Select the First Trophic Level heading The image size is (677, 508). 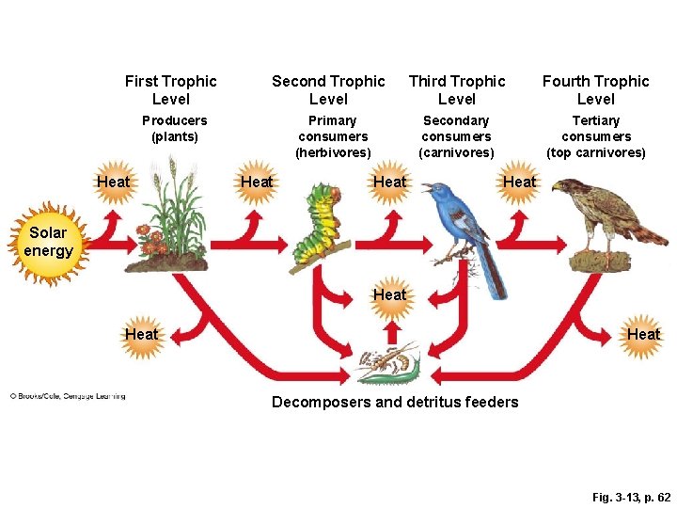click(x=170, y=90)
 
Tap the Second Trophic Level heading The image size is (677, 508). click(x=328, y=90)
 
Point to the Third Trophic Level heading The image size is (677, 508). click(x=457, y=90)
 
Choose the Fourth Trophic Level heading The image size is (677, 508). click(x=595, y=90)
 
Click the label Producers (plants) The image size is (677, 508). click(x=174, y=129)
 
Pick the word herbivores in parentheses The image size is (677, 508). click(x=333, y=152)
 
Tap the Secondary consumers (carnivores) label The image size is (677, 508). click(x=456, y=136)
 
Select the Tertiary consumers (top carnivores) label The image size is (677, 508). click(x=596, y=136)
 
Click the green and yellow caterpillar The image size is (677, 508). click(x=318, y=226)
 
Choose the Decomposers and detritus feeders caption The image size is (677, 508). click(x=395, y=403)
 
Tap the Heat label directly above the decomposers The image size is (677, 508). click(x=390, y=294)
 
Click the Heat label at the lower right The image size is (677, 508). click(x=643, y=334)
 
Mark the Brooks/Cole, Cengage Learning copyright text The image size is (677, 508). click(x=68, y=396)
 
